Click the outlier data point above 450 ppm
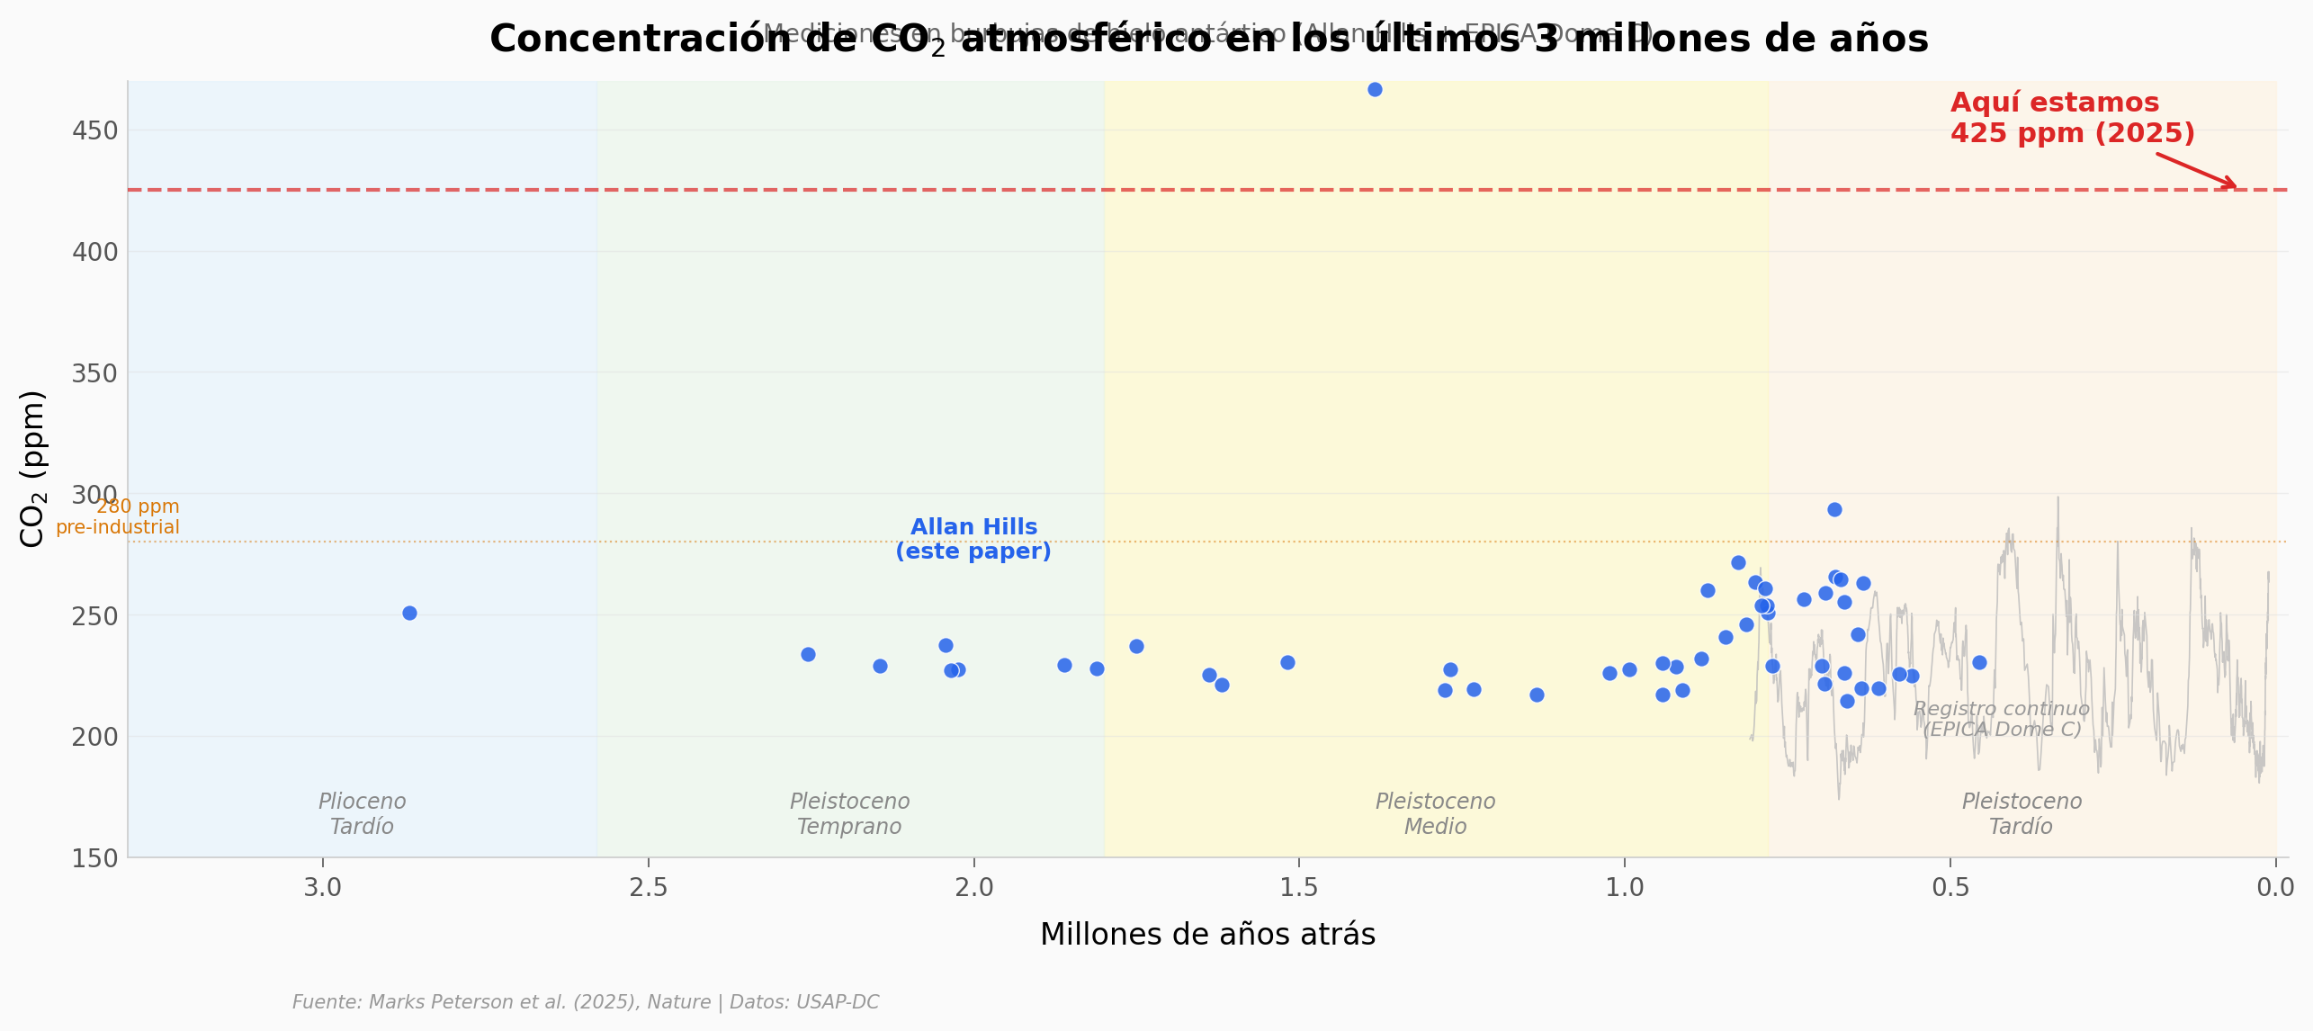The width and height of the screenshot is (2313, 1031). [1375, 90]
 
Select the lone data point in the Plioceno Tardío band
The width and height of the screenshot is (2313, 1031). [409, 614]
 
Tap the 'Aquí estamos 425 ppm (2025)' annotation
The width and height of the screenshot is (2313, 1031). [2072, 118]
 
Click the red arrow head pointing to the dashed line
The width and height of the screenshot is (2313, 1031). [2233, 185]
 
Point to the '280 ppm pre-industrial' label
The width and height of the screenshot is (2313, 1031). [118, 517]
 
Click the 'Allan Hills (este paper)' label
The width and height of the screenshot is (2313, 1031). [973, 540]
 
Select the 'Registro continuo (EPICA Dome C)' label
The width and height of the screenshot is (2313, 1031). [2002, 720]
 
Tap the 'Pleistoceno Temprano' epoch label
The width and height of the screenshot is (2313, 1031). [849, 814]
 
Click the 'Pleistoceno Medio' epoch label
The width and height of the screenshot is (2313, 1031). [1435, 814]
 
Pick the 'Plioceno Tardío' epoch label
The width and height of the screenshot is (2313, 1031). [362, 814]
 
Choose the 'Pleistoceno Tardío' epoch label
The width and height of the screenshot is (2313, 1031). [2022, 814]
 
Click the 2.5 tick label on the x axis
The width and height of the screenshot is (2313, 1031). [648, 888]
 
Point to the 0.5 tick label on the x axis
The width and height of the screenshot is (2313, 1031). [1950, 888]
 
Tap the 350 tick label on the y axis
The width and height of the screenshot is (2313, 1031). [94, 373]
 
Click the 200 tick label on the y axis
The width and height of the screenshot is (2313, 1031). [94, 737]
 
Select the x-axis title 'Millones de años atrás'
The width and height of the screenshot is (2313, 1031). [1207, 935]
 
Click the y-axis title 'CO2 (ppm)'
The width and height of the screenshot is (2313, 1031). [31, 469]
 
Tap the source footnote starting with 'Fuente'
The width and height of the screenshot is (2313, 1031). [586, 1002]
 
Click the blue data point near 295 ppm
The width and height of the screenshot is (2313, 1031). [1834, 510]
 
